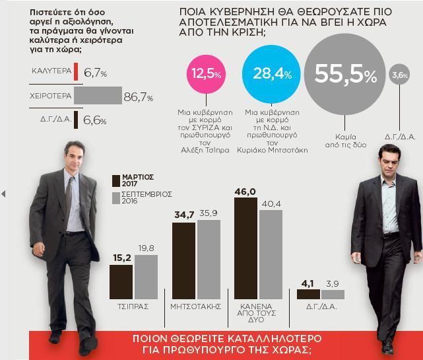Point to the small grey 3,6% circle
[x=399, y=75]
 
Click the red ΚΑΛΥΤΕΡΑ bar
[x=76, y=71]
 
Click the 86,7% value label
[x=138, y=97]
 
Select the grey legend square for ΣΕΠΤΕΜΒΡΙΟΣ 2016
[x=116, y=198]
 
